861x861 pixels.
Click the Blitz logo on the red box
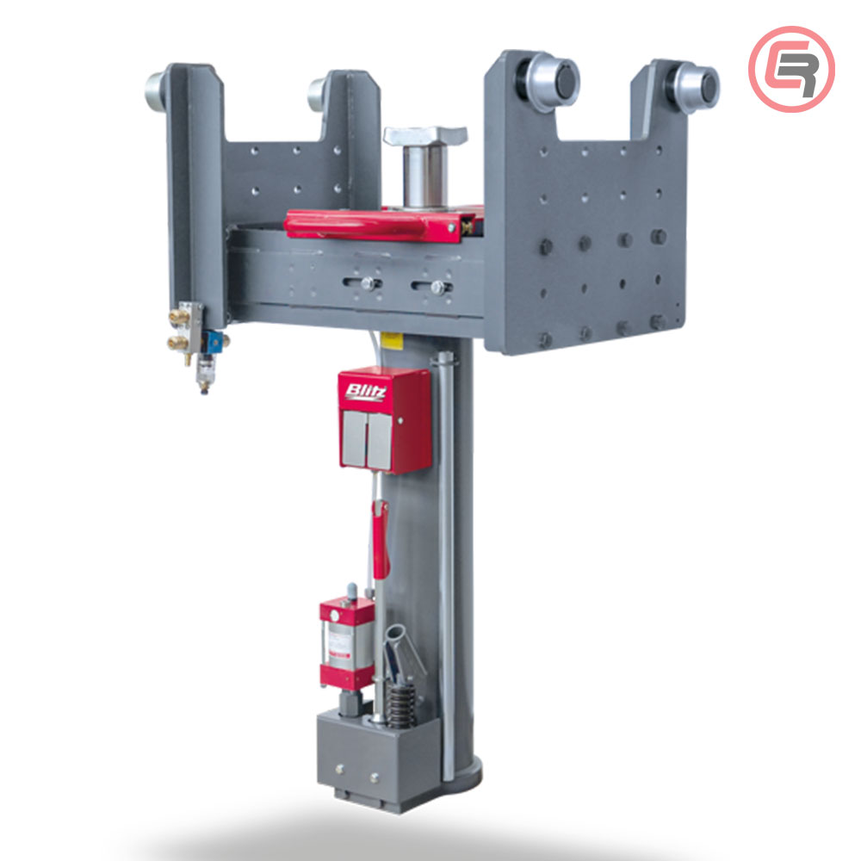pos(366,392)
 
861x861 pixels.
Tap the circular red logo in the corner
pos(791,69)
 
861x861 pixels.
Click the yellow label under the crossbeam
pos(392,340)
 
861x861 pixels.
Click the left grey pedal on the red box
pos(354,437)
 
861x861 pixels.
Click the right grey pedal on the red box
pos(380,441)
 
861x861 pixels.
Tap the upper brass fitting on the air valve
pos(178,316)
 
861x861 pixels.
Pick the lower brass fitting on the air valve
pos(177,344)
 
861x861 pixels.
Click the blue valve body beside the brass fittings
pos(214,342)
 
